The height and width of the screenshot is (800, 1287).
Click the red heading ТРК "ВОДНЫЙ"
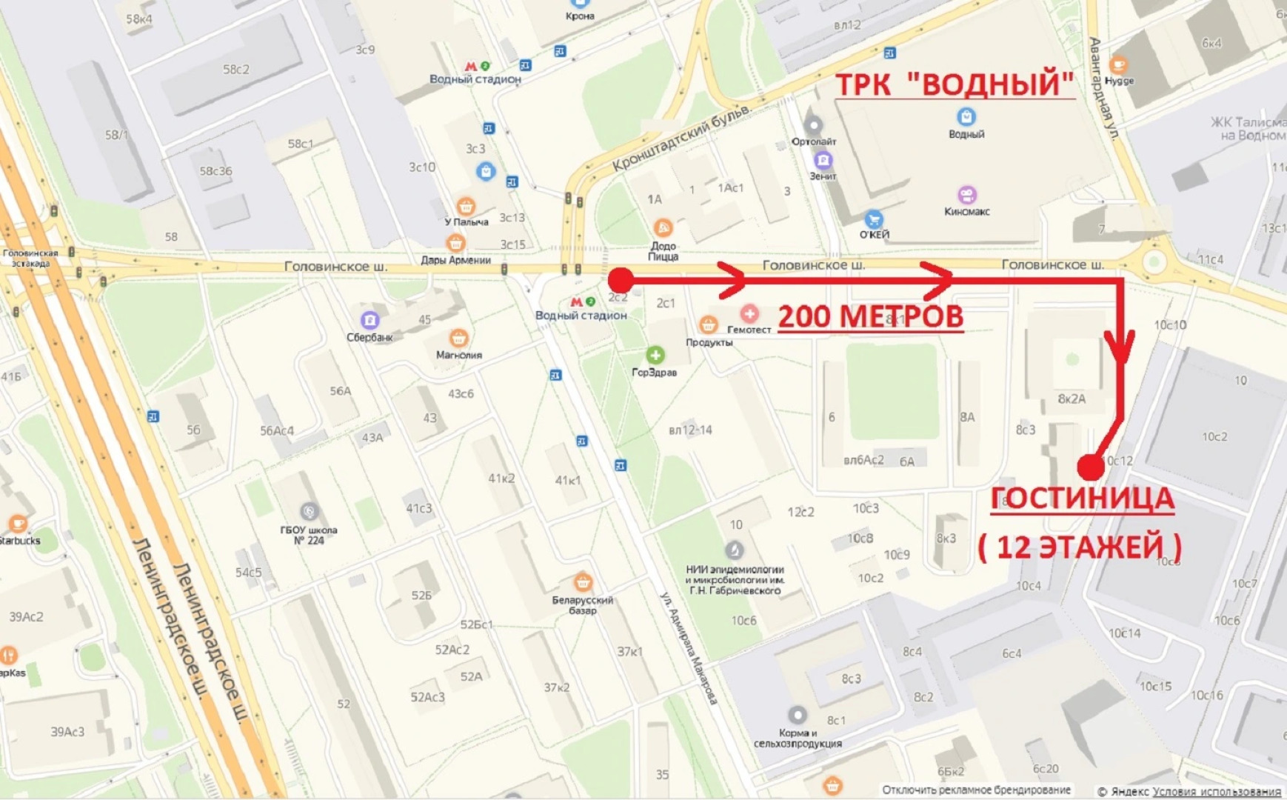click(954, 84)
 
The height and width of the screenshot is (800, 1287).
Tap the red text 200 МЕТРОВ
click(870, 317)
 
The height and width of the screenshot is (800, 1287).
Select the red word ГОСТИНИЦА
click(1082, 499)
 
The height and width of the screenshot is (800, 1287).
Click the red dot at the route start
click(621, 280)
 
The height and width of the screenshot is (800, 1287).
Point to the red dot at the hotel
click(1090, 467)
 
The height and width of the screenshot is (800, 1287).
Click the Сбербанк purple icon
click(370, 320)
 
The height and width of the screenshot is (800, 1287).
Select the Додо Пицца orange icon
click(662, 228)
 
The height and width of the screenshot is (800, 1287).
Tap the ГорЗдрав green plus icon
click(655, 355)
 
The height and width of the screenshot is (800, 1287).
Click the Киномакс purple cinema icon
click(966, 195)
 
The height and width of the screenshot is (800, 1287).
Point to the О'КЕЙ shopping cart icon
click(874, 219)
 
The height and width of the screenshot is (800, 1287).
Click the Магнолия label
click(458, 355)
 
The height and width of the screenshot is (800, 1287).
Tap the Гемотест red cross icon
click(749, 313)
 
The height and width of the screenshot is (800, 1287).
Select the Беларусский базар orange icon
click(583, 581)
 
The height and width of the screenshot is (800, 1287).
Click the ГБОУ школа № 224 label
click(308, 535)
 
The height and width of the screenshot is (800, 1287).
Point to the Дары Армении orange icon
click(455, 243)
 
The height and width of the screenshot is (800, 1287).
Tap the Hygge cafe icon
click(1118, 65)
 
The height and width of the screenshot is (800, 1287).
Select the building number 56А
click(341, 390)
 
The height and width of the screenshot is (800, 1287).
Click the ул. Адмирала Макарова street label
click(689, 648)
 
